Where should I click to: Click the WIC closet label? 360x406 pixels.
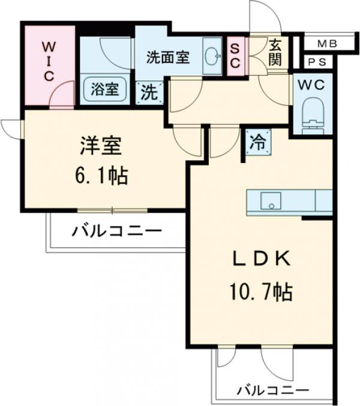(49, 61)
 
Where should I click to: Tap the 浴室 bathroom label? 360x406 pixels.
(104, 90)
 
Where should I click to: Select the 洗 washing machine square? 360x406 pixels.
(149, 92)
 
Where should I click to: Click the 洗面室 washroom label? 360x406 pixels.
(169, 58)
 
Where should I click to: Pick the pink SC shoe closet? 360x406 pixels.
(235, 56)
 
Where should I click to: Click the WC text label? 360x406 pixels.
(313, 85)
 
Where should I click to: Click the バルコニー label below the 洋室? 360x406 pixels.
(117, 231)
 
